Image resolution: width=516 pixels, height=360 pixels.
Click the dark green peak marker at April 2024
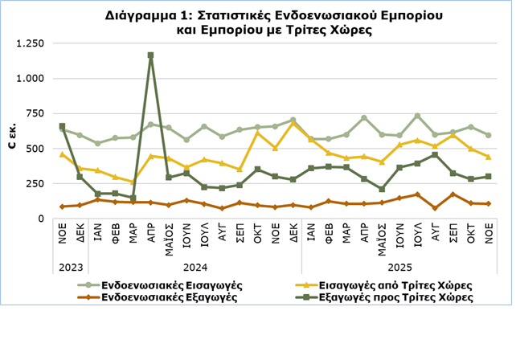coord(150,55)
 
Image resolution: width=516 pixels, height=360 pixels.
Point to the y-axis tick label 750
coord(38,113)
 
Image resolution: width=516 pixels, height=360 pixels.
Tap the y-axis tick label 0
coord(45,219)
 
